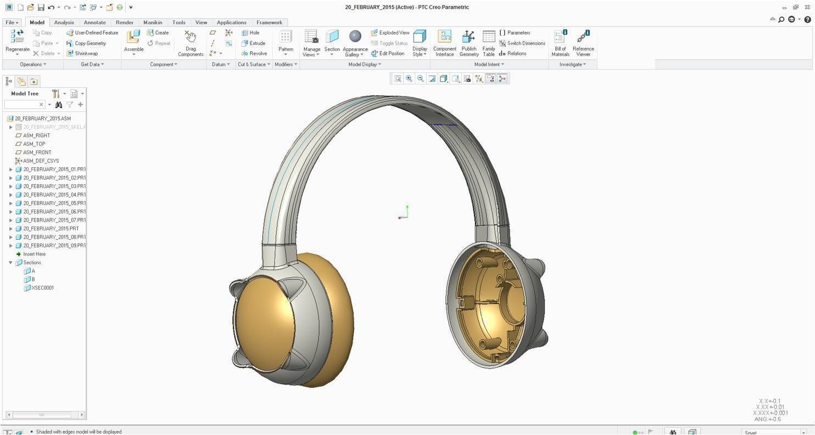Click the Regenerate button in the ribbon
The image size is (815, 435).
[17, 42]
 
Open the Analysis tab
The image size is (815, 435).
[64, 22]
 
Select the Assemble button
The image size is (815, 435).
[133, 42]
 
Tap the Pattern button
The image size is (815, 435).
[286, 42]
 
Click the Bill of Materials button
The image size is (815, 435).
[560, 43]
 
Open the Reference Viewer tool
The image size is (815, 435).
[583, 43]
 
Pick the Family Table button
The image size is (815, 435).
[488, 43]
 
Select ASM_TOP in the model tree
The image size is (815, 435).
[34, 144]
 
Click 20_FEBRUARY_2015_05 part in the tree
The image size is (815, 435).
[54, 204]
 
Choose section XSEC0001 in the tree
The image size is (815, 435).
[42, 288]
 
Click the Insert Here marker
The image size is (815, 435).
[34, 255]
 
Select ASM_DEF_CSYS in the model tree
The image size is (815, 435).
[40, 161]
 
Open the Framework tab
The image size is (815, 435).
[269, 22]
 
